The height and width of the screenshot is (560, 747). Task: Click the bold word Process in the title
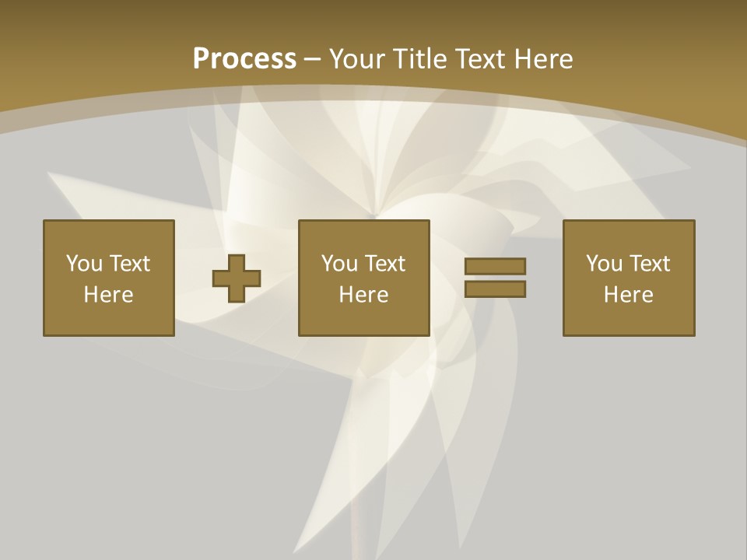pyautogui.click(x=244, y=59)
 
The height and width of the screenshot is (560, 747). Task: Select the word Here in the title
pyautogui.click(x=542, y=59)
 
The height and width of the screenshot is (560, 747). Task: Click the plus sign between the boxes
pyautogui.click(x=237, y=278)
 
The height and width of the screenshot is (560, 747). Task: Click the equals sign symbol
pyautogui.click(x=495, y=278)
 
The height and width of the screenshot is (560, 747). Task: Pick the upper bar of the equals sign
pyautogui.click(x=495, y=267)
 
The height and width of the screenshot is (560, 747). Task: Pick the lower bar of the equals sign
pyautogui.click(x=495, y=289)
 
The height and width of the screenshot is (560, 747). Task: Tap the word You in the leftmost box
pyautogui.click(x=84, y=264)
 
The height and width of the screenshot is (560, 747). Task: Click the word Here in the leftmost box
pyautogui.click(x=109, y=295)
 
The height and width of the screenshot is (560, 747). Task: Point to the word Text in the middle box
pyautogui.click(x=384, y=264)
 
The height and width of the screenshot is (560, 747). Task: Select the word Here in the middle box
pyautogui.click(x=364, y=295)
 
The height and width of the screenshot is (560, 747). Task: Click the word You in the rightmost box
pyautogui.click(x=604, y=264)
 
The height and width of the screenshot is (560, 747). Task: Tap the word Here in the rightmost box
pyautogui.click(x=629, y=295)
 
